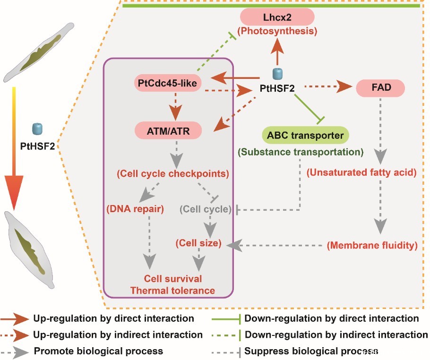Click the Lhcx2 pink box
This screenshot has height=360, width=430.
(x=277, y=17)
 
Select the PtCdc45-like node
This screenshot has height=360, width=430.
(x=168, y=83)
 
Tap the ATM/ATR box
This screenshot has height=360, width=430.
(x=168, y=131)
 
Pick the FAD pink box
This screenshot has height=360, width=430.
(x=381, y=88)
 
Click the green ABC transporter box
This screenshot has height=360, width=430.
(x=305, y=135)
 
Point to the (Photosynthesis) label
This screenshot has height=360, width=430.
(x=277, y=31)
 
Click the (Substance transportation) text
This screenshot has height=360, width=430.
(x=301, y=152)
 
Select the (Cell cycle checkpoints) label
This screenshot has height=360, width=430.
(x=173, y=173)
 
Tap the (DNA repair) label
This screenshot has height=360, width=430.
(x=135, y=209)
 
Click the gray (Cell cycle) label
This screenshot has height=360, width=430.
(x=206, y=209)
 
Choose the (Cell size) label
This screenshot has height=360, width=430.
(x=198, y=243)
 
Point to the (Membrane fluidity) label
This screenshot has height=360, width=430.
(x=372, y=245)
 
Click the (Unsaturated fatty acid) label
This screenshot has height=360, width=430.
(x=361, y=172)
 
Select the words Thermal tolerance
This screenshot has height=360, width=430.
(x=172, y=291)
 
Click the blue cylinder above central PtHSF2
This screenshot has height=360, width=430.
(x=277, y=74)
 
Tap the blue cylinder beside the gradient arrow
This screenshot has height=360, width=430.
(x=38, y=129)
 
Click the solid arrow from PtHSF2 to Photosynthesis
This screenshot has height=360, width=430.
(x=277, y=51)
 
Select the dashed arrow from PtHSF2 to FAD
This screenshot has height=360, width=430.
(x=328, y=86)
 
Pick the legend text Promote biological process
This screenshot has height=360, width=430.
(x=98, y=351)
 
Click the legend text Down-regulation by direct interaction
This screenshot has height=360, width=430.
(x=332, y=318)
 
